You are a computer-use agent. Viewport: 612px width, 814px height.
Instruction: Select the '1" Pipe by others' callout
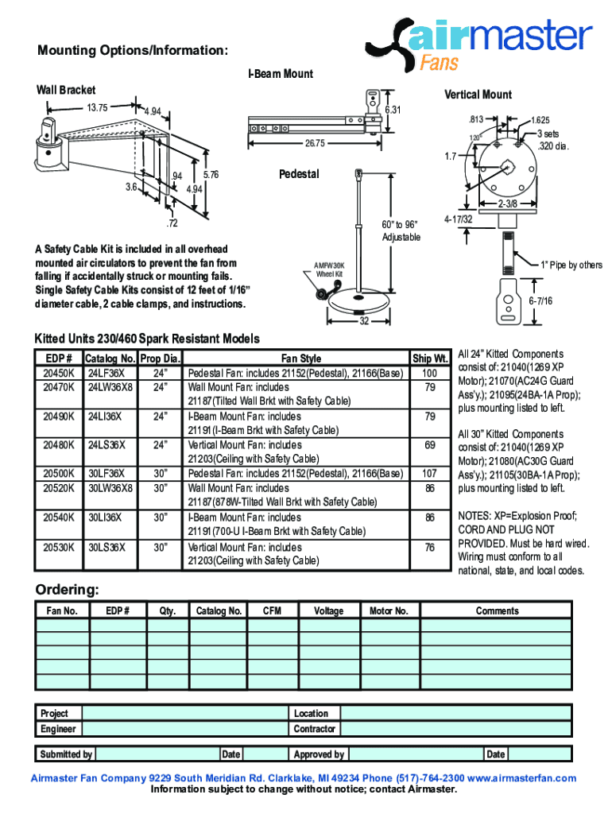pos(571,265)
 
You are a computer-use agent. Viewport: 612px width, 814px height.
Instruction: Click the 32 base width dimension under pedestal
pos(364,321)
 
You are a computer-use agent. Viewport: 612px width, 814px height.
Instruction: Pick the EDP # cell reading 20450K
pos(60,373)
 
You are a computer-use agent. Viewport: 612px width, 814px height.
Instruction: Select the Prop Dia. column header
pos(161,359)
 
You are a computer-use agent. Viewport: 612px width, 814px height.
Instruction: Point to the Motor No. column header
pos(389,610)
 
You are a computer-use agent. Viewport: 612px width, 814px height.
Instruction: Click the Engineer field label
pos(59,729)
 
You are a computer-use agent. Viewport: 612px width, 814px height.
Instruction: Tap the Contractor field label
pos(315,729)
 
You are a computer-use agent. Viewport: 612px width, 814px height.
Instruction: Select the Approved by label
pos(319,754)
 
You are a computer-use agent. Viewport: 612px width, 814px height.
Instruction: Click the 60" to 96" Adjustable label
pos(399,231)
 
